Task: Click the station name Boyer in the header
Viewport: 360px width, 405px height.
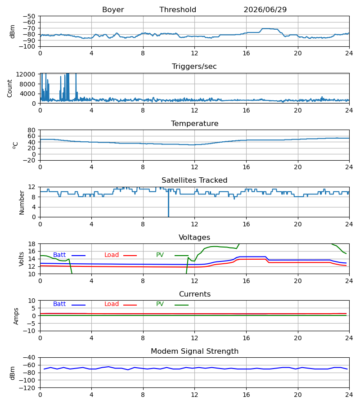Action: pyautogui.click(x=113, y=10)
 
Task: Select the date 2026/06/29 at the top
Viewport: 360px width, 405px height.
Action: pyautogui.click(x=265, y=10)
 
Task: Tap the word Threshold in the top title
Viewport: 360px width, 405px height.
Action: pyautogui.click(x=178, y=10)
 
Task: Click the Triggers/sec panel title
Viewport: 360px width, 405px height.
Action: pyautogui.click(x=194, y=67)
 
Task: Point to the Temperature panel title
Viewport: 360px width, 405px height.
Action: pyautogui.click(x=194, y=123)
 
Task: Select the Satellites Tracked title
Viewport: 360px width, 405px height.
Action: pyautogui.click(x=194, y=180)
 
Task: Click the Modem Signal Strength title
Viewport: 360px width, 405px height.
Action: pyautogui.click(x=194, y=351)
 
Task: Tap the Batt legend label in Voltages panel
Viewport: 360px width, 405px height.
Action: pyautogui.click(x=59, y=255)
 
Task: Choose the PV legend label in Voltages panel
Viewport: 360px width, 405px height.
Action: pyautogui.click(x=160, y=255)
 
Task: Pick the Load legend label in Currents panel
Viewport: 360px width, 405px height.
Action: pyautogui.click(x=112, y=304)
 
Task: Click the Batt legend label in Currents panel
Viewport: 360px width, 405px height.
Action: pyautogui.click(x=59, y=304)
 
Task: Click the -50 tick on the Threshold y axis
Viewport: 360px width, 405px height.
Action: pyautogui.click(x=29, y=16)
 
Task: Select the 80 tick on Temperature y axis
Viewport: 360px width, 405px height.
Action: pyautogui.click(x=31, y=130)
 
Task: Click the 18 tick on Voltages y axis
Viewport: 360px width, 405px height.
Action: pyautogui.click(x=31, y=244)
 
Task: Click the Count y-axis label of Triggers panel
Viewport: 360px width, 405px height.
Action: pyautogui.click(x=10, y=88)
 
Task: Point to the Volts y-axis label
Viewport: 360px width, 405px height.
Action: pyautogui.click(x=22, y=259)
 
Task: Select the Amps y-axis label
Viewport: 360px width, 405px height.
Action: pyautogui.click(x=16, y=316)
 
